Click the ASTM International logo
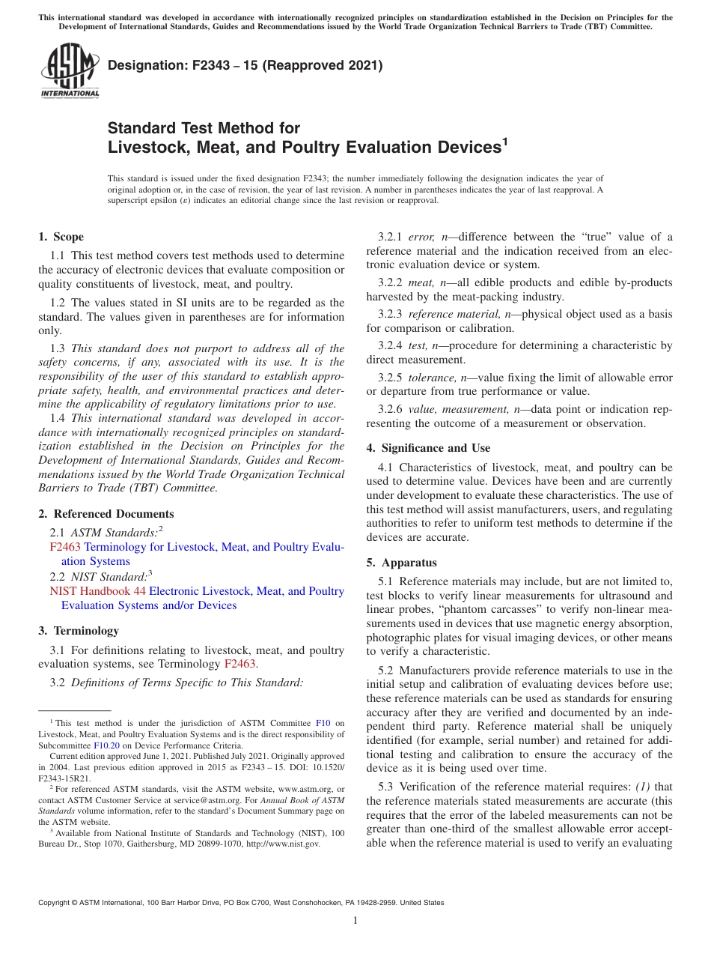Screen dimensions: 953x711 (x=69, y=71)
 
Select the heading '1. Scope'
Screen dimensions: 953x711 (x=61, y=237)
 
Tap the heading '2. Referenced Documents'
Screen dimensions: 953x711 (x=106, y=514)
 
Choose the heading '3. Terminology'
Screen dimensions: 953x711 (x=79, y=631)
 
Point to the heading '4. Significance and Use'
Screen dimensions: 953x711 (x=428, y=448)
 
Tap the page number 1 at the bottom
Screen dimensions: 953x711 (x=355, y=921)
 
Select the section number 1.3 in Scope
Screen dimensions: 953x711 (x=58, y=348)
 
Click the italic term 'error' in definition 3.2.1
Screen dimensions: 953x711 (x=421, y=237)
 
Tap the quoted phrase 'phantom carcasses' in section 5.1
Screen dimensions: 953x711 (x=469, y=609)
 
